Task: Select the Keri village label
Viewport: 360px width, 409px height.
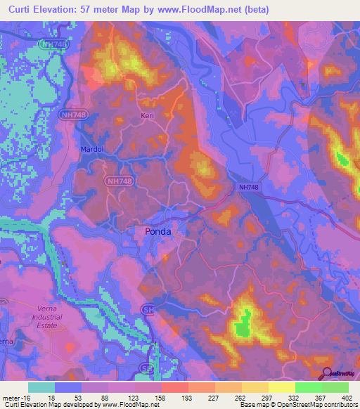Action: [147, 118]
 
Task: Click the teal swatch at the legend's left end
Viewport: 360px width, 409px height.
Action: [41, 387]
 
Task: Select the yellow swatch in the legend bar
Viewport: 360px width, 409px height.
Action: [281, 387]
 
